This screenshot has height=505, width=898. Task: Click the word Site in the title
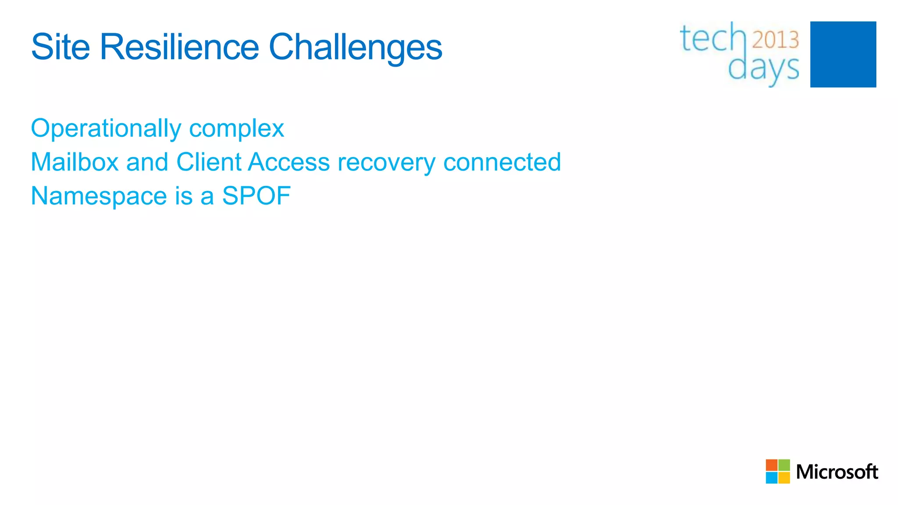(x=61, y=47)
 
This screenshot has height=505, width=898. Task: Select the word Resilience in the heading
(x=179, y=47)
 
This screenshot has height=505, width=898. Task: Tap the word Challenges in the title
(x=355, y=48)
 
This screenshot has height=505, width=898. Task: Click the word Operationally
(x=106, y=128)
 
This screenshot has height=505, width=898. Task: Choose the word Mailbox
(x=75, y=162)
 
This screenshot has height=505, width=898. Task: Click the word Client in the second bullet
(x=209, y=162)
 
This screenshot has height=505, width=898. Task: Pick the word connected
(x=502, y=162)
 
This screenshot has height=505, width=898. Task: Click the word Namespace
(x=99, y=196)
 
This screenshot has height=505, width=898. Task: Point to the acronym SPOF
(x=256, y=196)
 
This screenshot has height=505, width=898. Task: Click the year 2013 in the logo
(x=775, y=40)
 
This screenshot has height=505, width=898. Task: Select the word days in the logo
(x=763, y=69)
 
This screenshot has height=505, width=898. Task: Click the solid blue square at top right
(x=843, y=54)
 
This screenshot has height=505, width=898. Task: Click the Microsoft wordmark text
(x=837, y=472)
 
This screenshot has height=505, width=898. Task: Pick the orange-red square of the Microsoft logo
(x=771, y=465)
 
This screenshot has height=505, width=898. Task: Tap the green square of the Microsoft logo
(x=784, y=465)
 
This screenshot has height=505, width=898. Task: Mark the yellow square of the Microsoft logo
(x=784, y=478)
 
